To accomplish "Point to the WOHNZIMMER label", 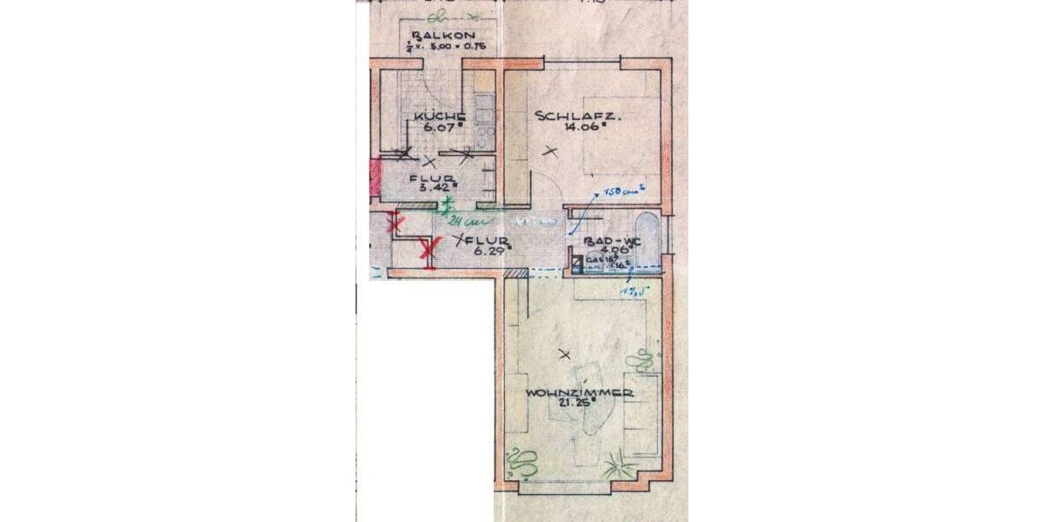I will [578, 394].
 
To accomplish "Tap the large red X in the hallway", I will [428, 251].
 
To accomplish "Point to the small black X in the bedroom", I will [548, 152].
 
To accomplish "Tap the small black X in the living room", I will [565, 354].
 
